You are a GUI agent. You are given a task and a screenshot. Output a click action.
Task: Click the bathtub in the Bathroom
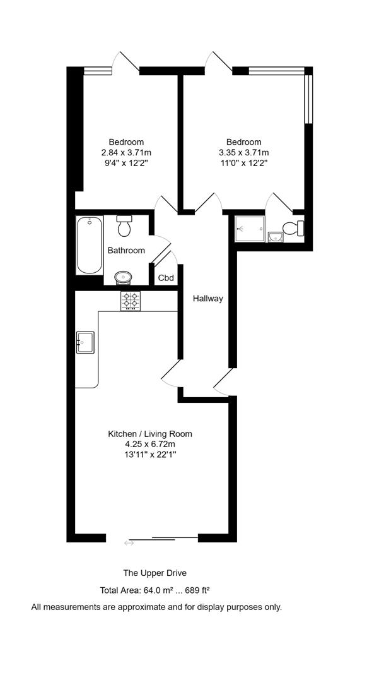[90, 245]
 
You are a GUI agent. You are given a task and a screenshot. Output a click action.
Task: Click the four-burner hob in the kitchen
[131, 301]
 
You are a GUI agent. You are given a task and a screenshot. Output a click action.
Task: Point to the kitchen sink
[85, 342]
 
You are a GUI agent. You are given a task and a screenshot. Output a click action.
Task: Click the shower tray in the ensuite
[250, 229]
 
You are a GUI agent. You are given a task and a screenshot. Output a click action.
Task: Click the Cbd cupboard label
[166, 278]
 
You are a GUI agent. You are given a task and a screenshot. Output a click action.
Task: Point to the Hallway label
[208, 298]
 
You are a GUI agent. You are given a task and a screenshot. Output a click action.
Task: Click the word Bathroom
[126, 251]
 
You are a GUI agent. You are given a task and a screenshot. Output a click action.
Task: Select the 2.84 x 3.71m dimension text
[126, 153]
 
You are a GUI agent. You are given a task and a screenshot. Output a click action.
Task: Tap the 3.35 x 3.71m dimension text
[244, 153]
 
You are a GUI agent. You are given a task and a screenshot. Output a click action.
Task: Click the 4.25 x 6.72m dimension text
[150, 445]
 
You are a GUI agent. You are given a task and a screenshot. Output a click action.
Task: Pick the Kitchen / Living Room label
[150, 434]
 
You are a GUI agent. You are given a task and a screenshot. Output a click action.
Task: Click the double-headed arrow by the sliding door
[129, 542]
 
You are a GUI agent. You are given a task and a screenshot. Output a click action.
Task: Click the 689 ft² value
[198, 590]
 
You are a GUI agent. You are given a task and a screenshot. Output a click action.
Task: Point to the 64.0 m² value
[158, 590]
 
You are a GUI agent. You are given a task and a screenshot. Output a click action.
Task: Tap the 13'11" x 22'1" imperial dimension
[150, 455]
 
